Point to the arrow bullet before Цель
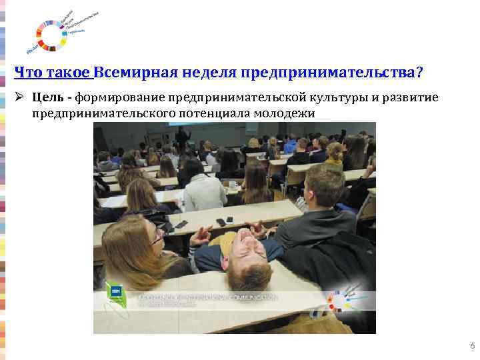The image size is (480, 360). pos(21,99)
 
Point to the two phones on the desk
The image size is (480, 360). pos(225,221)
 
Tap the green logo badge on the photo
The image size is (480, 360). pos(115,294)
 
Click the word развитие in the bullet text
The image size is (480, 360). pos(411,99)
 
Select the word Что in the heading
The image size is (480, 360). pos(27,71)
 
